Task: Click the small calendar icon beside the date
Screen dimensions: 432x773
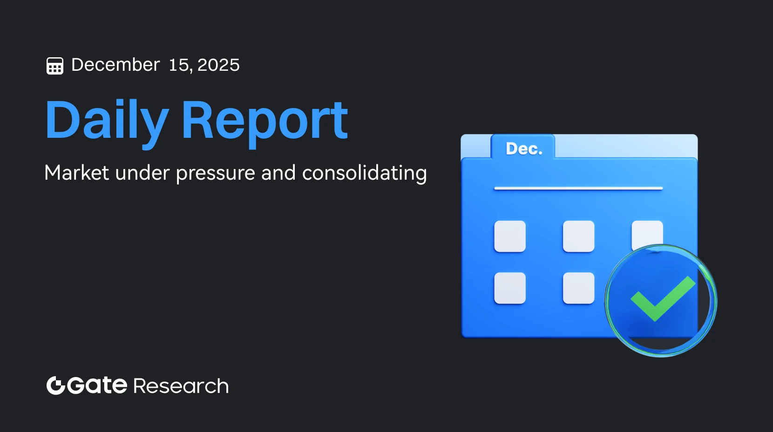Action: (55, 66)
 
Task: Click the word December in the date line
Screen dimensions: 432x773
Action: (115, 65)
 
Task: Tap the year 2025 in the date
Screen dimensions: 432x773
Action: (218, 65)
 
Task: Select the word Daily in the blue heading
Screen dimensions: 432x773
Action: (107, 120)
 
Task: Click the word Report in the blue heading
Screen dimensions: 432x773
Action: (264, 120)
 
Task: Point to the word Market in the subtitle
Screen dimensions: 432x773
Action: (77, 173)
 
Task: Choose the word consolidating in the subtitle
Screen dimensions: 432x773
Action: (364, 173)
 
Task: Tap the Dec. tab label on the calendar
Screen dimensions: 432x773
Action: (524, 148)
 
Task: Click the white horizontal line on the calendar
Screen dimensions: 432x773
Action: (578, 189)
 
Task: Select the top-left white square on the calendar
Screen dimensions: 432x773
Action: (510, 236)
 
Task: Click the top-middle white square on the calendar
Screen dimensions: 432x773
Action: (578, 236)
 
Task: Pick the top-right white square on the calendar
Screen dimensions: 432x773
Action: (647, 233)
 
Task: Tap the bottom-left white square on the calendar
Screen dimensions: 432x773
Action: (510, 288)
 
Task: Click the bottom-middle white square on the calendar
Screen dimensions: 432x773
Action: (578, 288)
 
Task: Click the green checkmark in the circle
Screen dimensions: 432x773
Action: (662, 299)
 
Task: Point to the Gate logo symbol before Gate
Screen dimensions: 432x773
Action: (55, 385)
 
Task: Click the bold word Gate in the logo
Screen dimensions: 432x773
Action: (97, 385)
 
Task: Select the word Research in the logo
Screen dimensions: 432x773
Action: (181, 386)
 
